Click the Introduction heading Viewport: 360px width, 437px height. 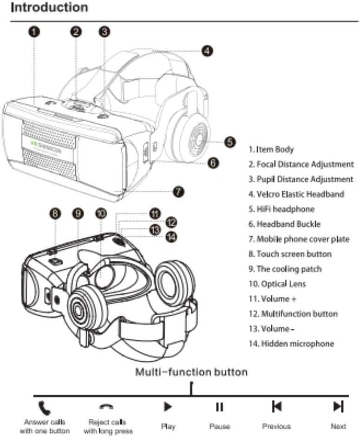(x=49, y=8)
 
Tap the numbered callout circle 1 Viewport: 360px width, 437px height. (x=34, y=32)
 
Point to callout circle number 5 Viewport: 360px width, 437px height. (x=229, y=142)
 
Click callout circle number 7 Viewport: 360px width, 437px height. (x=179, y=191)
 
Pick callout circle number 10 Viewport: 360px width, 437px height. (x=101, y=213)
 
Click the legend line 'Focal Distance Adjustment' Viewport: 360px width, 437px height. (x=301, y=164)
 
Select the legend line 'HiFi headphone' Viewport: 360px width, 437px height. (x=281, y=209)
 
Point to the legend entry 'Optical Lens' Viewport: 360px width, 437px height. (x=277, y=284)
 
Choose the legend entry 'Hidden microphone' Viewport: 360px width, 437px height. (x=291, y=344)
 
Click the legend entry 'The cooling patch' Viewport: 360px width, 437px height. (x=284, y=269)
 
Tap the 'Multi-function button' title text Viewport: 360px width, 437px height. (x=191, y=372)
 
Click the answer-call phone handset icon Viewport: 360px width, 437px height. (x=44, y=407)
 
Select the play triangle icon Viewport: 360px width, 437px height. (x=168, y=407)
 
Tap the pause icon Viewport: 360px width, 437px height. (x=219, y=407)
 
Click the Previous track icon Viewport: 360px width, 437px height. (x=276, y=407)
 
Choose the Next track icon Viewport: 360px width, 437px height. (x=338, y=407)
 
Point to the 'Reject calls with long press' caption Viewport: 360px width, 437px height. (x=107, y=426)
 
